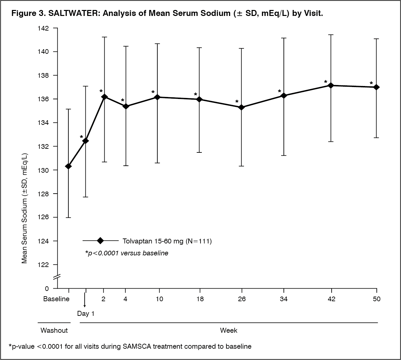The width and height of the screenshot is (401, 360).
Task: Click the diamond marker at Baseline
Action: click(x=68, y=166)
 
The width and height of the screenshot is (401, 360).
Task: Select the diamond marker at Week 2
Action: click(x=105, y=97)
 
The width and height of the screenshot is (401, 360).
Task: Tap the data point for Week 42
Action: click(x=331, y=85)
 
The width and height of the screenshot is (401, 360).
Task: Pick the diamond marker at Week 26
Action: click(x=242, y=107)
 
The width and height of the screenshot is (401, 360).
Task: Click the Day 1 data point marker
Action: click(x=86, y=141)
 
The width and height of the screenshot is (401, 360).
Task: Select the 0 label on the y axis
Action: click(x=47, y=289)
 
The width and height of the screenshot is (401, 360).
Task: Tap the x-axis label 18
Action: click(x=200, y=299)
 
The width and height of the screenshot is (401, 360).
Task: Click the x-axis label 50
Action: click(x=376, y=299)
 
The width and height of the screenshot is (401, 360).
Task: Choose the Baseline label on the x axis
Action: click(x=56, y=299)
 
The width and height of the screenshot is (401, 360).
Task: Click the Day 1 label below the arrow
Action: click(x=86, y=314)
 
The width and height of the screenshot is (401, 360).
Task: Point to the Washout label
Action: click(x=54, y=330)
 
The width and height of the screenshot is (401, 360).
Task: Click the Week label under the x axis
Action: click(x=229, y=330)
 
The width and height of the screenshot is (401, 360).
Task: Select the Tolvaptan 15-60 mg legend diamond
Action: click(x=100, y=241)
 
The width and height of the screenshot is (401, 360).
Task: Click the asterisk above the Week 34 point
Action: click(x=280, y=91)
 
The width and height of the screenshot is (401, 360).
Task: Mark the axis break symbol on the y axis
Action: click(x=57, y=276)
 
